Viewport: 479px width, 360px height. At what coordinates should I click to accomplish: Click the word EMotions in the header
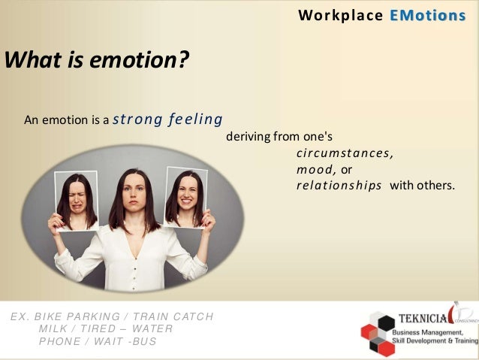428,15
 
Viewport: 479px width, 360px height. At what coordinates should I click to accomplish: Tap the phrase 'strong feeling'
167,119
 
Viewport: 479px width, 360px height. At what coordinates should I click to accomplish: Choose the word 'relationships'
339,186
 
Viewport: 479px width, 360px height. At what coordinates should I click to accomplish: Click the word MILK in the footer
53,328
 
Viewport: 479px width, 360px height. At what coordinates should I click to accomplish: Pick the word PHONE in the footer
59,342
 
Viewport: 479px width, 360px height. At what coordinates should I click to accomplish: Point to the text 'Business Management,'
430,332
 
